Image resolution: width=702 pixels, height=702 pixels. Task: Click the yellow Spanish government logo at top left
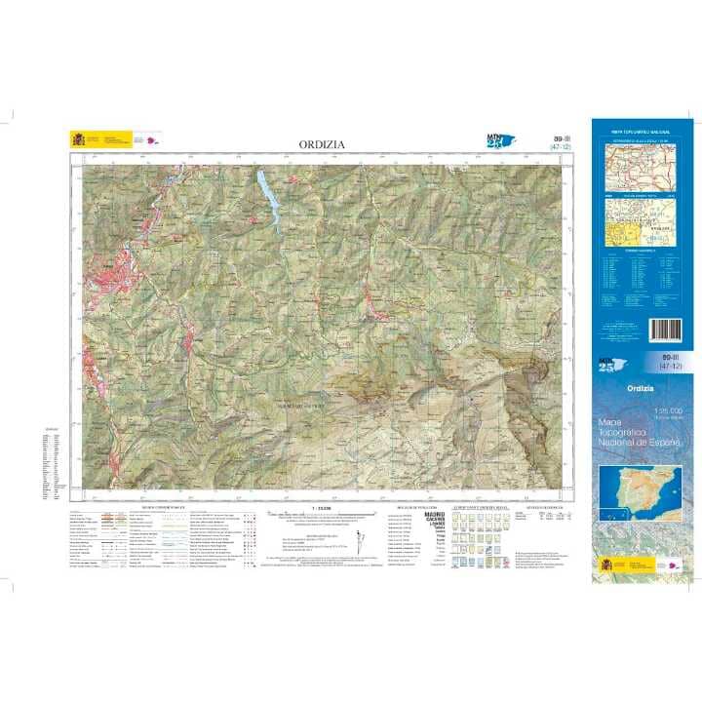click(78, 139)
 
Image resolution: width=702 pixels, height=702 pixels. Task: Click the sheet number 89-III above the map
click(532, 139)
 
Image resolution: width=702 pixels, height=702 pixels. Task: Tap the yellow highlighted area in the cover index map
click(624, 231)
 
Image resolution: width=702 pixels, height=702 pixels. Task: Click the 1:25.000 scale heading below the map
click(322, 508)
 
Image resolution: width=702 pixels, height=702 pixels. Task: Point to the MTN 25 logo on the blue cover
click(608, 366)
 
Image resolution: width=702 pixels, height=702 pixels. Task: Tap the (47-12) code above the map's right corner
click(532, 148)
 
